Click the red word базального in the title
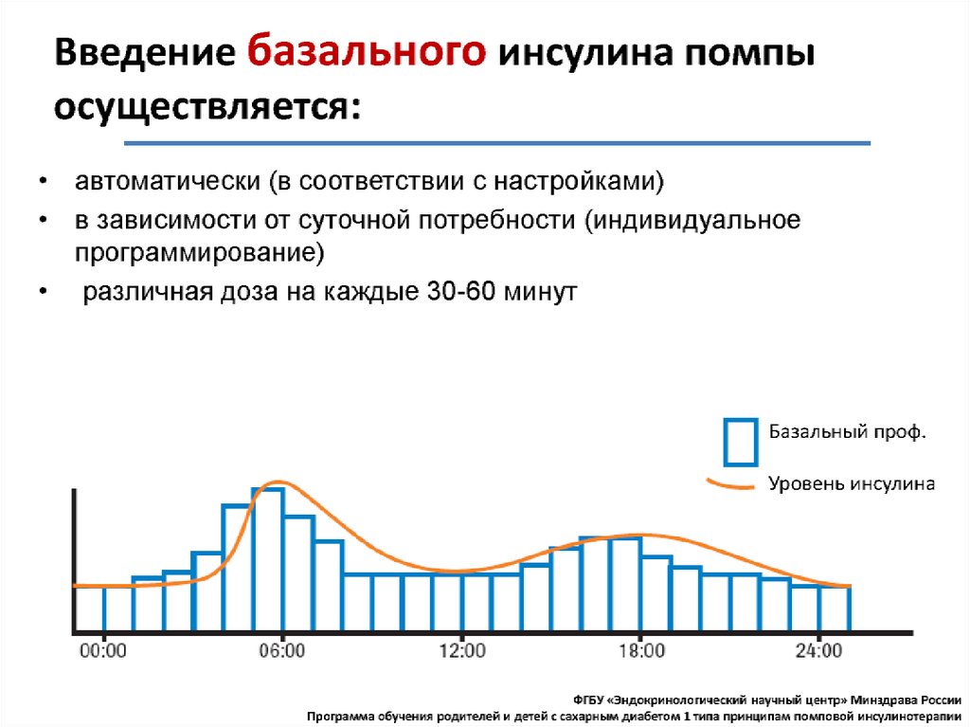(x=367, y=51)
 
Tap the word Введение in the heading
(x=145, y=52)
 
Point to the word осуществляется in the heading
(x=207, y=106)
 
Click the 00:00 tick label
(x=103, y=651)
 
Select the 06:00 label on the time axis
(x=282, y=651)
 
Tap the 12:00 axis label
(x=462, y=651)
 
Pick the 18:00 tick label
(x=641, y=651)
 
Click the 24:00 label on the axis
(x=819, y=651)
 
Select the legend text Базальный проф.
(x=847, y=431)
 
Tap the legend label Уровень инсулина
(x=852, y=483)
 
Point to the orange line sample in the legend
(x=730, y=484)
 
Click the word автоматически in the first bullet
(x=168, y=181)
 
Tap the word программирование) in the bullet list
(x=199, y=253)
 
